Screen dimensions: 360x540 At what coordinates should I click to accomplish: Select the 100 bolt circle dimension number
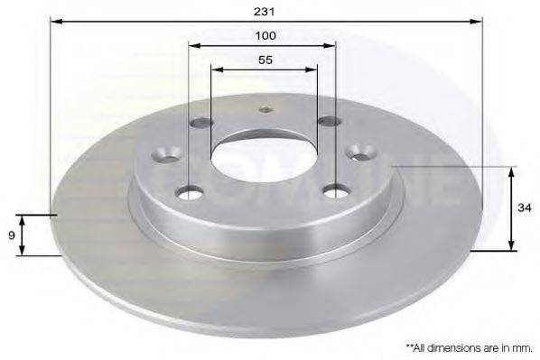pyautogui.click(x=265, y=35)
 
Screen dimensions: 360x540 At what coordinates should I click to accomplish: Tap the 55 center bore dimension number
pyautogui.click(x=265, y=60)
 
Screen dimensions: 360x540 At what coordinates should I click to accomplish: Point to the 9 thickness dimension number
pyautogui.click(x=10, y=235)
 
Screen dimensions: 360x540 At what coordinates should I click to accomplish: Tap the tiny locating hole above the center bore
pyautogui.click(x=265, y=112)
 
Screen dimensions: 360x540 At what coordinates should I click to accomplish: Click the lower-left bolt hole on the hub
pyautogui.click(x=190, y=191)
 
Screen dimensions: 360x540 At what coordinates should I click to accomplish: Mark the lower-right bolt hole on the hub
pyautogui.click(x=337, y=190)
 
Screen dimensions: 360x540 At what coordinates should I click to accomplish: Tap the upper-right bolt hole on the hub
pyautogui.click(x=327, y=122)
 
